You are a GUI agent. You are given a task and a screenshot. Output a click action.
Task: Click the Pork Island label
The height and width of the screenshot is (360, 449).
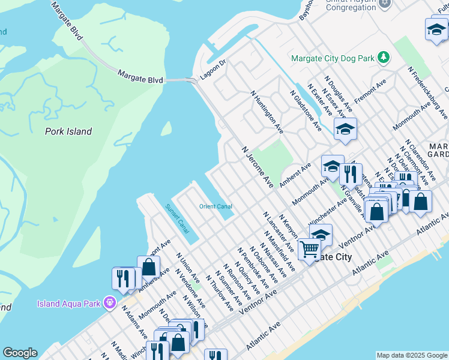point(68,131)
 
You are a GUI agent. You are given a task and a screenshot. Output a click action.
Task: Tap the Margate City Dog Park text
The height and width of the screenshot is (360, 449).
point(332,58)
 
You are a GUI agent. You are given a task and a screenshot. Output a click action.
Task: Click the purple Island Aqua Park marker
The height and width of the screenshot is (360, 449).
point(109,303)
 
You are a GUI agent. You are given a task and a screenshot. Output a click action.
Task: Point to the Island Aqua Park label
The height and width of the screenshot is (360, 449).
point(68,304)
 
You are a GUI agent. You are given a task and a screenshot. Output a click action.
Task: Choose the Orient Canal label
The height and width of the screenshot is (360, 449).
point(215,207)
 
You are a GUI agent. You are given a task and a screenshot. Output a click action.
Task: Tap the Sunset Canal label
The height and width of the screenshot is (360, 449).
point(177,220)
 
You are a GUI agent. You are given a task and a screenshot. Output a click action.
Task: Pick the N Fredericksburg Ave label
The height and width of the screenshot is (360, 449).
point(427,88)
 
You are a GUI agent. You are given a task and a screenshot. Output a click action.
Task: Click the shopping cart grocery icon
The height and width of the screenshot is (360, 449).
point(309,248)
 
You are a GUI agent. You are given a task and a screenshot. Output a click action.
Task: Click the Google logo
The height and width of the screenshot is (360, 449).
point(20,353)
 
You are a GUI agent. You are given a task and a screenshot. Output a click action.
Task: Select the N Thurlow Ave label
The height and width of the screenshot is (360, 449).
point(219,293)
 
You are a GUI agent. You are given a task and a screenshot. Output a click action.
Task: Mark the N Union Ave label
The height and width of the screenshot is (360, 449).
point(188,265)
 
